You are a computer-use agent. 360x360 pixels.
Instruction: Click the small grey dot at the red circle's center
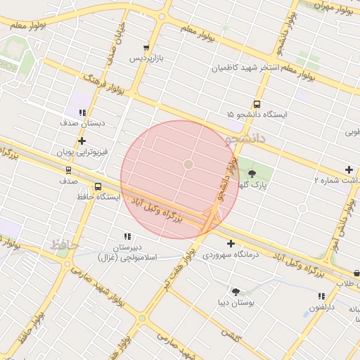point(188,164)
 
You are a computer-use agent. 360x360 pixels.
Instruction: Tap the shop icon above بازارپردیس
point(146,48)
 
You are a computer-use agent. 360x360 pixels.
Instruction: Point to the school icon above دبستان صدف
point(82,112)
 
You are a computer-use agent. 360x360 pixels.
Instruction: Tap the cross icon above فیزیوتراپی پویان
point(82,141)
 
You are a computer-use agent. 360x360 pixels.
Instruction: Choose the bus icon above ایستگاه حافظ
point(98,186)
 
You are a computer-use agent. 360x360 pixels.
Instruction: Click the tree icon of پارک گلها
point(252,174)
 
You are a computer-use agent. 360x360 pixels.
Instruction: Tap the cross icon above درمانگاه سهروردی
point(231,243)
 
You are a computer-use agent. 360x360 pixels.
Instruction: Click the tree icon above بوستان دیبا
point(236,292)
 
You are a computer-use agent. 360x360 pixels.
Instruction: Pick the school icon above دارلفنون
point(321,297)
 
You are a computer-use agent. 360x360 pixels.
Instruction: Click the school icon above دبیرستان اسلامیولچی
point(127,237)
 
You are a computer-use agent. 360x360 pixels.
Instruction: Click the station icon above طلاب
point(356,273)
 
